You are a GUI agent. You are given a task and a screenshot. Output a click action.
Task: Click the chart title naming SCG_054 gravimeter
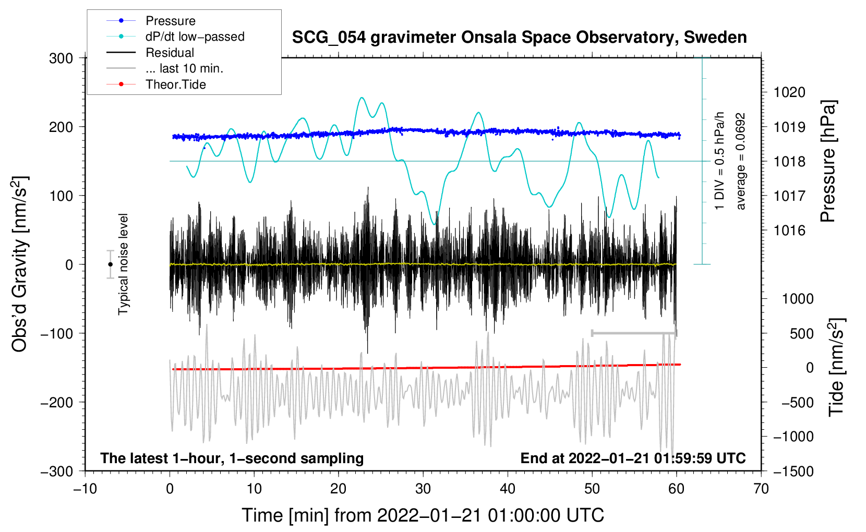point(519,38)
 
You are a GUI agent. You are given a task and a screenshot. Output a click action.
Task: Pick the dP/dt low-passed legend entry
point(195,37)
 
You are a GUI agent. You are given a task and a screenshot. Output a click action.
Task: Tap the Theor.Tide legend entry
point(175,84)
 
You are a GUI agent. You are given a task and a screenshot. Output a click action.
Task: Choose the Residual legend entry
point(170,53)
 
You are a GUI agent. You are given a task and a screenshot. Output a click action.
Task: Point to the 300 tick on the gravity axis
point(61,58)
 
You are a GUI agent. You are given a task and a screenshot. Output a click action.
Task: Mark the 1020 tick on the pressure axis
point(789,92)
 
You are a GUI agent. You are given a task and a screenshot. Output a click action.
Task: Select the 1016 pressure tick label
point(789,231)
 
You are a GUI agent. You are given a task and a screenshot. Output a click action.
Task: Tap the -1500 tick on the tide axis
point(793,471)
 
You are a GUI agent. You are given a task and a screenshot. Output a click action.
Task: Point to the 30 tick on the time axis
point(423,489)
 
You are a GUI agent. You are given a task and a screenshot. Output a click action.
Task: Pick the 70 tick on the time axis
point(761,489)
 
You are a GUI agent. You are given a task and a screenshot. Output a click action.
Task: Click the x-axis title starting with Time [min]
point(423,515)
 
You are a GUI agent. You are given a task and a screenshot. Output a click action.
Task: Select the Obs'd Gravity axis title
point(20,264)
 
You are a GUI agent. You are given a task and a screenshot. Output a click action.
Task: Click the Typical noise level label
point(123,264)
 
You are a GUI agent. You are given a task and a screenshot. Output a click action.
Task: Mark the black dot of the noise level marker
point(110,264)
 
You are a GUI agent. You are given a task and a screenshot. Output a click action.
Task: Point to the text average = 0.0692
point(741,162)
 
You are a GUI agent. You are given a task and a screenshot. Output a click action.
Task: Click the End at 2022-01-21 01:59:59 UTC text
point(633,458)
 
